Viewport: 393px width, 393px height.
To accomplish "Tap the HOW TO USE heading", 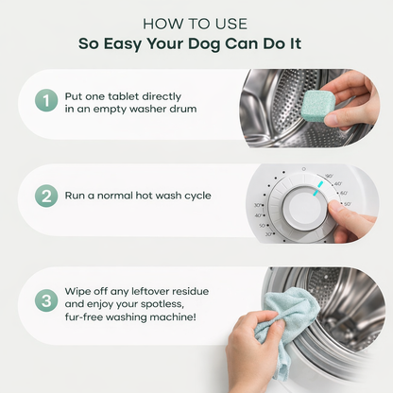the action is [196, 25].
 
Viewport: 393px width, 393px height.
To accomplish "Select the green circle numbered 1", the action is [46, 100].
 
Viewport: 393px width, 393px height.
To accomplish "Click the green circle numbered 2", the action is [46, 196].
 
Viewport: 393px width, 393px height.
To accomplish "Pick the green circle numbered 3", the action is [46, 300].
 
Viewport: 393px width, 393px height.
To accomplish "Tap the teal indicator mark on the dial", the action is [317, 188].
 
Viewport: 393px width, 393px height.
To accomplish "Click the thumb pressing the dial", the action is [338, 209].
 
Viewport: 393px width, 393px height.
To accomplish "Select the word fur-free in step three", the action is [83, 316].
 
